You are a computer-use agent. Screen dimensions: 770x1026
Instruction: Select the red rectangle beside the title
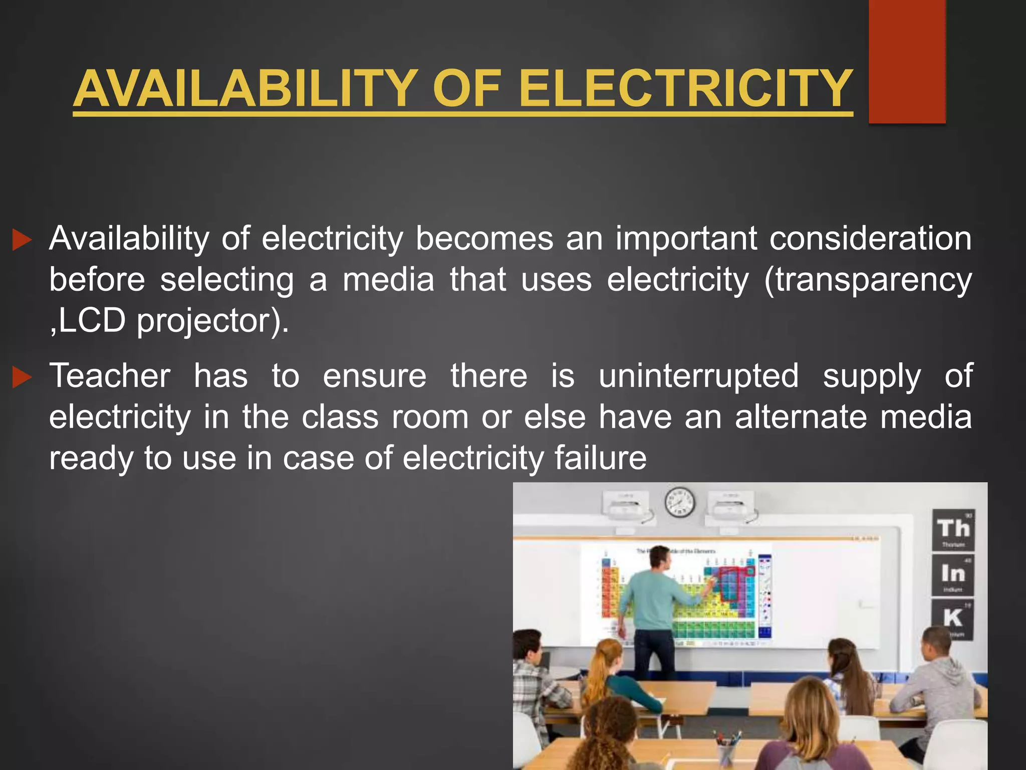pos(907,61)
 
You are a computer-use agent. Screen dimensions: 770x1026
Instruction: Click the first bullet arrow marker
pos(22,240)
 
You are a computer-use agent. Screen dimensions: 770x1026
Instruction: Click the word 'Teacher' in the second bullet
pos(110,376)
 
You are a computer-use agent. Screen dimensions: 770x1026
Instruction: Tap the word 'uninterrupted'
pos(698,376)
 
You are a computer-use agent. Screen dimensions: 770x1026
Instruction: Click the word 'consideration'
pos(870,239)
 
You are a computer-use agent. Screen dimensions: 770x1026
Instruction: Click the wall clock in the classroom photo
pos(679,502)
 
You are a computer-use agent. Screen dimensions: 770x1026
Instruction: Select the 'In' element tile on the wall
pos(953,574)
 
